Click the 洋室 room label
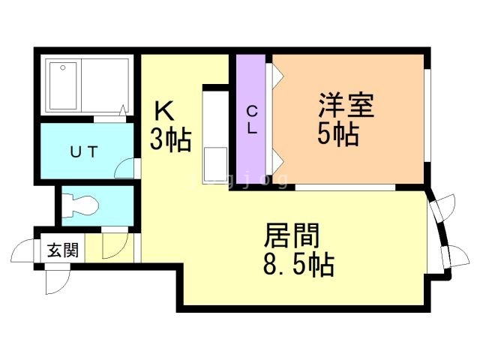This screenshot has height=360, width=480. [346, 105]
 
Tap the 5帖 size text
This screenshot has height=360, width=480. [337, 135]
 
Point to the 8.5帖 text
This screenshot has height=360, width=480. [298, 265]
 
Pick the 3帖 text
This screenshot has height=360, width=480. [170, 139]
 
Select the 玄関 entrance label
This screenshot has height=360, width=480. [63, 250]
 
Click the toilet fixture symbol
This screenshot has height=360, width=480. [79, 204]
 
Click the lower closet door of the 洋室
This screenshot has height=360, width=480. [274, 160]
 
